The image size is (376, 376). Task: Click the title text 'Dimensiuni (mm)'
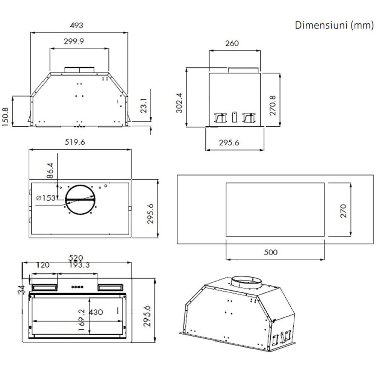point(334,25)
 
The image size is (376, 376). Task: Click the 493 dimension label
point(76,26)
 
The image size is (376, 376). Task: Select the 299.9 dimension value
point(74,41)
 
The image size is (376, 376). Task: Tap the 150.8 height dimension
point(5,117)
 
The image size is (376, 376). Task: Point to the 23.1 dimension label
point(143,106)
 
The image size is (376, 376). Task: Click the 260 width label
point(232,43)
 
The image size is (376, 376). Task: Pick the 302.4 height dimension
point(179,103)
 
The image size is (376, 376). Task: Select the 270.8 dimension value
point(273,106)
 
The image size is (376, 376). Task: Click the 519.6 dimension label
point(75,142)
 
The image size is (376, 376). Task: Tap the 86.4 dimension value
point(50,170)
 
